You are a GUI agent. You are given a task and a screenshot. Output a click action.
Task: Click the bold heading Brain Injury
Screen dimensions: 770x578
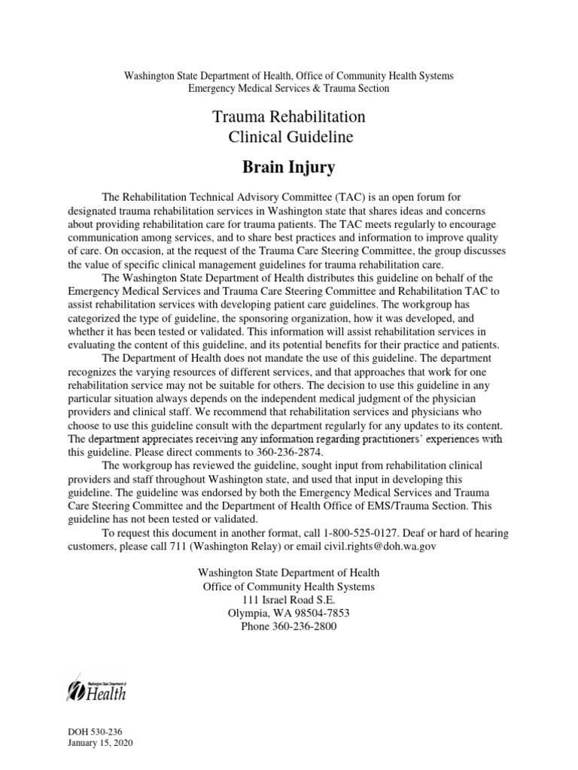[x=288, y=167]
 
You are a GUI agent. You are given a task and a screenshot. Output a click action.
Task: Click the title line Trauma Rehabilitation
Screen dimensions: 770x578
[x=288, y=117]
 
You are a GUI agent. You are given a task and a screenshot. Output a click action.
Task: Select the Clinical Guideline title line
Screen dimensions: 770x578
[x=288, y=138]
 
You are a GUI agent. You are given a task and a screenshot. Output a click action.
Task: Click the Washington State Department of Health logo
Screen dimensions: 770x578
[x=98, y=687]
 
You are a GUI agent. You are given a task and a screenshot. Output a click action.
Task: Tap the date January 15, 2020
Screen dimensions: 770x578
[x=100, y=743]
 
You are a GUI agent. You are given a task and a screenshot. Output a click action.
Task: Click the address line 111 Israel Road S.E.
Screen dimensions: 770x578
[x=288, y=599]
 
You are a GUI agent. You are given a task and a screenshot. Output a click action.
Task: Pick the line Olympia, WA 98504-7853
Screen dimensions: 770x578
[x=288, y=613]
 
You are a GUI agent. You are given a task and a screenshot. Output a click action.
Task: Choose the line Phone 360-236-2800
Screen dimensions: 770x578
[x=288, y=626]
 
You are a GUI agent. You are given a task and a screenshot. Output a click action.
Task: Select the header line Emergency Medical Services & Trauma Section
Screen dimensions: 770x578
[x=288, y=89]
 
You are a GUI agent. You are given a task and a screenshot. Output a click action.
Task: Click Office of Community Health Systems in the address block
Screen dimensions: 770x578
[x=288, y=586]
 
